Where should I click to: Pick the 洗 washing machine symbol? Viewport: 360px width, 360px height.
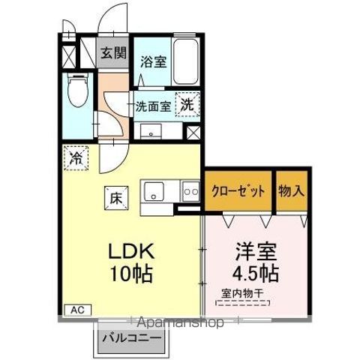[186, 105]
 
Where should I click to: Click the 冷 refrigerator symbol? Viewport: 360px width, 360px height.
[76, 157]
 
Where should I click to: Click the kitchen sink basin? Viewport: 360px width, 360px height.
[155, 193]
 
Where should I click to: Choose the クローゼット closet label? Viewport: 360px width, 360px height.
[238, 190]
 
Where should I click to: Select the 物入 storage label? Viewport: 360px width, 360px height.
[291, 190]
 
